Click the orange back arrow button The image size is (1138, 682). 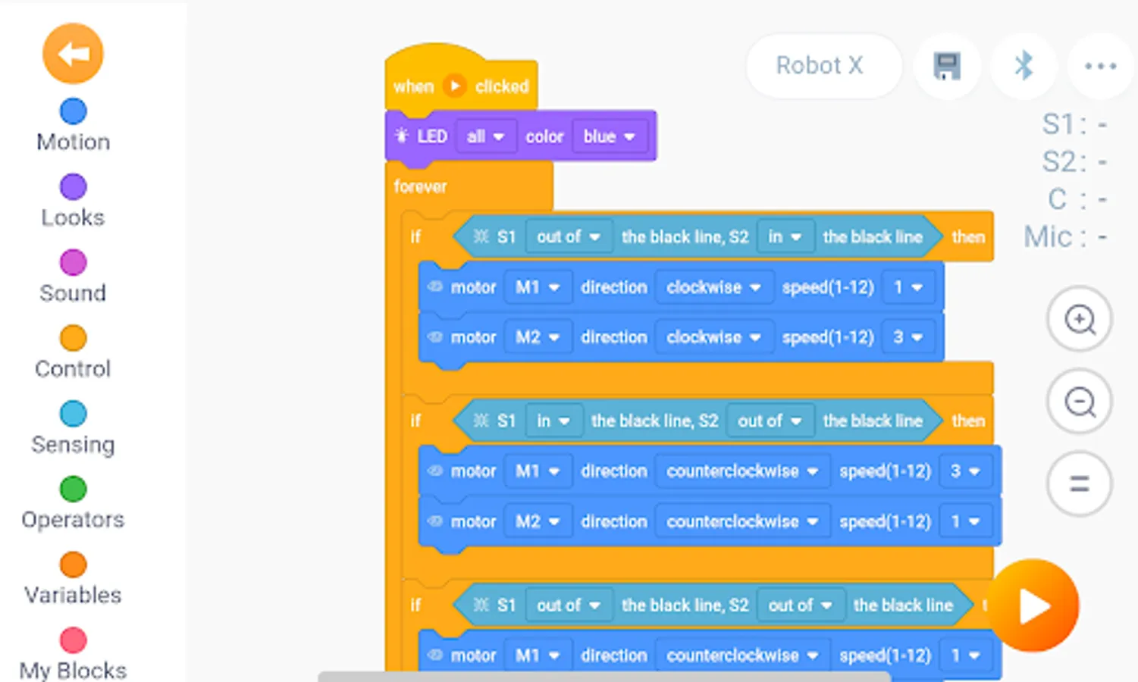73,54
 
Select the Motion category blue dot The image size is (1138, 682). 73,111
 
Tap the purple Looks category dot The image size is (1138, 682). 73,186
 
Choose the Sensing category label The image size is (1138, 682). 73,444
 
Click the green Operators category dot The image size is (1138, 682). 73,489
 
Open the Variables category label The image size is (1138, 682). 73,595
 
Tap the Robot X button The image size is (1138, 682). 820,66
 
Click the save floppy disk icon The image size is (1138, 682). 947,66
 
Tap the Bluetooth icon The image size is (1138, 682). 1024,66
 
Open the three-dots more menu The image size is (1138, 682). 1100,66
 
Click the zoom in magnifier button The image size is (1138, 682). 1080,319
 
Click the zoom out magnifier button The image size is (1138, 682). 1080,402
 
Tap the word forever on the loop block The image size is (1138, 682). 420,186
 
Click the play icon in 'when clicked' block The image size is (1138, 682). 454,86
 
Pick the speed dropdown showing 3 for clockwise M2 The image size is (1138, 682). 907,337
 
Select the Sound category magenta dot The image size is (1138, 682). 73,262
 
